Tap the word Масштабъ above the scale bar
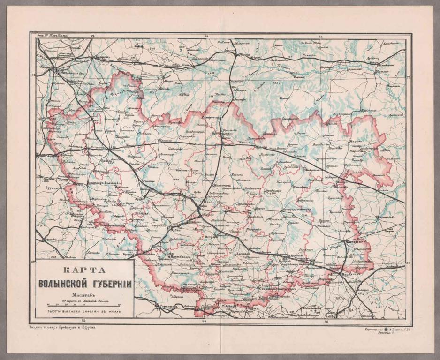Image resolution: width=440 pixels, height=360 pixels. tap(84, 295)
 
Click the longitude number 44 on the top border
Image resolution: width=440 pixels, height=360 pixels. tap(206, 36)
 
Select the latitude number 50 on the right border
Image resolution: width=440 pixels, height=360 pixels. tap(408, 263)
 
